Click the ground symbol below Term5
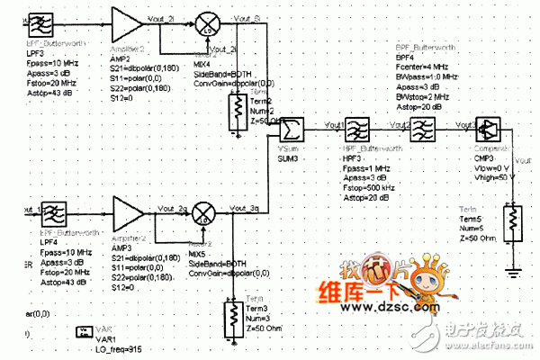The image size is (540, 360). (x=511, y=269)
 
